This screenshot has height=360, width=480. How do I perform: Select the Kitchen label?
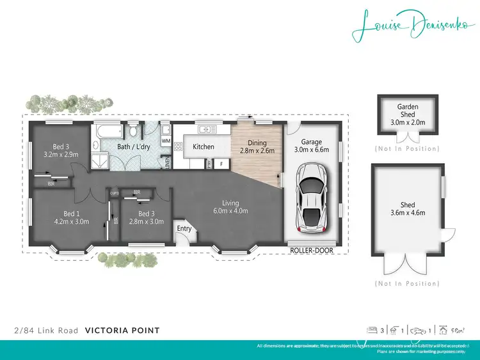click(x=204, y=147)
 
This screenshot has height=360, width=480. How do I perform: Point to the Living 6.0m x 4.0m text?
click(x=230, y=207)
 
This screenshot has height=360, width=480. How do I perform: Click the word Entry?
click(x=184, y=229)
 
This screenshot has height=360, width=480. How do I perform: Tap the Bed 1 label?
click(x=71, y=217)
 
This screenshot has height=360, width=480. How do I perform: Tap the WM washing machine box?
click(x=166, y=141)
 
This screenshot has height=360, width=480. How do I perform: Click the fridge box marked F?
click(x=221, y=164)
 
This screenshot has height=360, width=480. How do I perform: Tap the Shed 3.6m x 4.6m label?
click(x=408, y=209)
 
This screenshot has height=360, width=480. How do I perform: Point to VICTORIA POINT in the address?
click(x=122, y=331)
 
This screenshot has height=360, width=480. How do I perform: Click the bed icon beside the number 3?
click(x=371, y=331)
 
